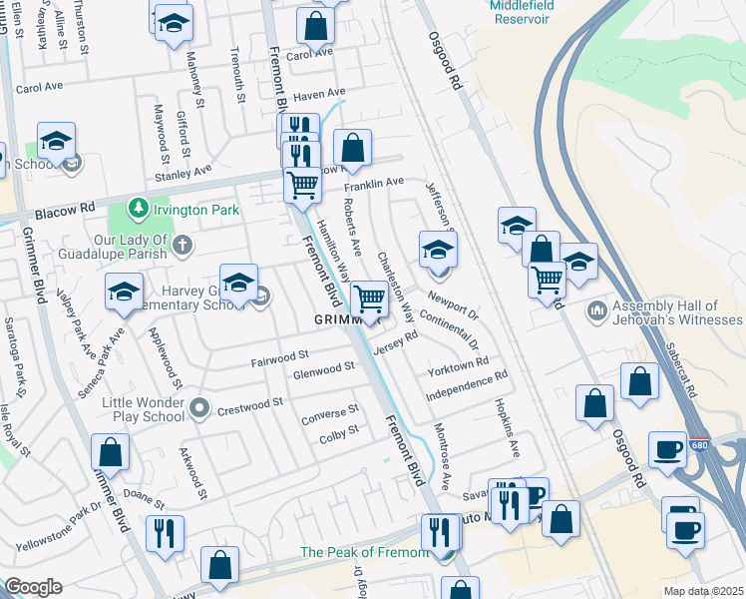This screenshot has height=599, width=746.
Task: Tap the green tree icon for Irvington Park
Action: click(x=140, y=210)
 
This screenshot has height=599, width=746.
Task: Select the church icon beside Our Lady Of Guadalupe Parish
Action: click(x=183, y=244)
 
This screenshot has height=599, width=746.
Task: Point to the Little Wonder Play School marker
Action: click(x=199, y=406)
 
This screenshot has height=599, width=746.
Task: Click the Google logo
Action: click(x=33, y=587)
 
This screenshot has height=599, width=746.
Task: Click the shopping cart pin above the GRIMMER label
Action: click(x=369, y=299)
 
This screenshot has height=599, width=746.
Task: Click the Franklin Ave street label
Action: click(x=374, y=184)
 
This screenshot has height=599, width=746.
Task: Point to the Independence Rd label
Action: click(x=467, y=382)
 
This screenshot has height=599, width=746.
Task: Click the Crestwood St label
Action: click(x=250, y=405)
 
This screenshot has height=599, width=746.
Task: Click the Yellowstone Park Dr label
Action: click(x=59, y=527)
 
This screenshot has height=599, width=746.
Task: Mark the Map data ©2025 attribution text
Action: click(x=703, y=591)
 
